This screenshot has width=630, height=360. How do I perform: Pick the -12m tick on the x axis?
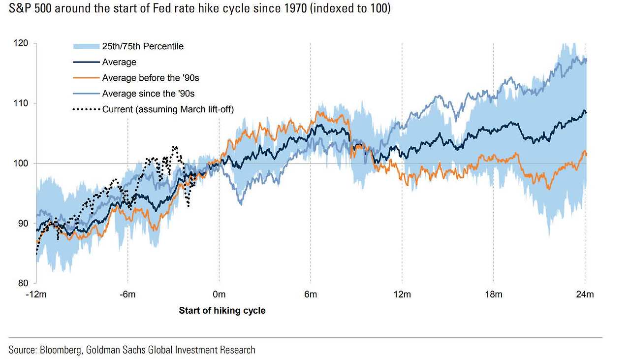tap(36, 295)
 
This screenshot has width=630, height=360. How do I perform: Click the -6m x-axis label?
tap(128, 295)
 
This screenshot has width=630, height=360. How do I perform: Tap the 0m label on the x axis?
tap(219, 295)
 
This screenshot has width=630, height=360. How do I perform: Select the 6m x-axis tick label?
tap(311, 295)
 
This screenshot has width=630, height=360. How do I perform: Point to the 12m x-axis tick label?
tap(402, 295)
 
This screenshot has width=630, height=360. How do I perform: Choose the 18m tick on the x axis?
tap(494, 295)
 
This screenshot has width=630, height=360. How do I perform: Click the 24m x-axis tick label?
tap(585, 295)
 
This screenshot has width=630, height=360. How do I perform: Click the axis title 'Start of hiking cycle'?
tap(222, 310)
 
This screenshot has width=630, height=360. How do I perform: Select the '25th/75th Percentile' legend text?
tap(143, 46)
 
